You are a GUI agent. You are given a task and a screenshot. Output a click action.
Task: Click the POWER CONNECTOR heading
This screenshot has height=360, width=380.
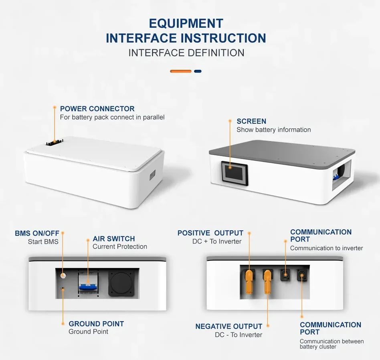tap(97, 109)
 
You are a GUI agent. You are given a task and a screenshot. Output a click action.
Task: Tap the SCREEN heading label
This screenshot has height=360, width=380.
tap(251, 121)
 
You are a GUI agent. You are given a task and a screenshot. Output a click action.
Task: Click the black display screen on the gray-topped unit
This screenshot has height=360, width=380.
tap(234, 173)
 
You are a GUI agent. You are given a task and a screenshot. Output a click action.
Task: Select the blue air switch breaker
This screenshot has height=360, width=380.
tap(88, 284)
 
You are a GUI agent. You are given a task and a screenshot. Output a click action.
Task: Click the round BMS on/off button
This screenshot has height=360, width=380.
tap(63, 275)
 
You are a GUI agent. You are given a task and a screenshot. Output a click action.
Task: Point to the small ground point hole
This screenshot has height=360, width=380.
tap(63, 289)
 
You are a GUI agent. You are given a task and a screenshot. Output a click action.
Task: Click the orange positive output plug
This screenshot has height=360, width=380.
tap(249, 281)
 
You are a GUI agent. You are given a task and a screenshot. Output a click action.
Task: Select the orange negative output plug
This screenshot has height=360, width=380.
tap(267, 281)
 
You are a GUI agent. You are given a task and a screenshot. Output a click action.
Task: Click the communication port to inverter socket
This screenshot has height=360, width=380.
tap(285, 275)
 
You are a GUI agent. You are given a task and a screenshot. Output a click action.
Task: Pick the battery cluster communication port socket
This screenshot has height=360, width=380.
tap(302, 275)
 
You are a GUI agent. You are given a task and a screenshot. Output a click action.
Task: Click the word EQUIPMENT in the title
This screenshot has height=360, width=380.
tap(186, 24)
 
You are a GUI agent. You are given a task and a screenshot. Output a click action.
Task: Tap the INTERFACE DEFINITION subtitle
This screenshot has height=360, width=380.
tap(186, 53)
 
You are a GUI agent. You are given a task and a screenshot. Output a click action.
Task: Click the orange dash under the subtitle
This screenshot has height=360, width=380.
tap(181, 71)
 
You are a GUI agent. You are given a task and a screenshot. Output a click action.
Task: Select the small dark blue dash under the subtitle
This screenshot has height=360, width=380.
tap(198, 71)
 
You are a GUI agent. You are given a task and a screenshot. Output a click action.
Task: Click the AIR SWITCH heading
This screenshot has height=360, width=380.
tap(114, 239)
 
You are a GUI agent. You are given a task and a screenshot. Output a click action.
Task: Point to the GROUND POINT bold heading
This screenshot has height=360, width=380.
tap(96, 324)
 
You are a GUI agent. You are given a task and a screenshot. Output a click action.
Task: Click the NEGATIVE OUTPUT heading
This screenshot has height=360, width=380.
tap(229, 327)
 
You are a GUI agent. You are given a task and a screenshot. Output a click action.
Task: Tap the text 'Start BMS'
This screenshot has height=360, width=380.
tap(43, 242)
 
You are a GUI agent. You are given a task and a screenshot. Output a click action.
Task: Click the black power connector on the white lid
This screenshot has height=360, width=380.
tap(55, 142)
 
